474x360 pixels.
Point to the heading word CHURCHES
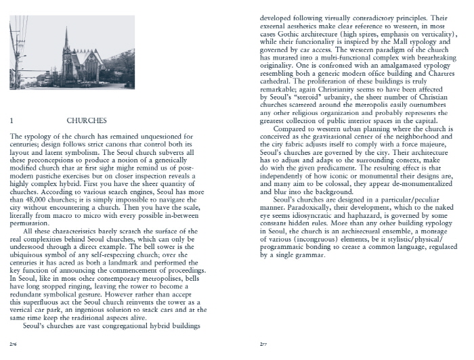[x=87, y=120]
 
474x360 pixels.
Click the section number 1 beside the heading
[x=13, y=120]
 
